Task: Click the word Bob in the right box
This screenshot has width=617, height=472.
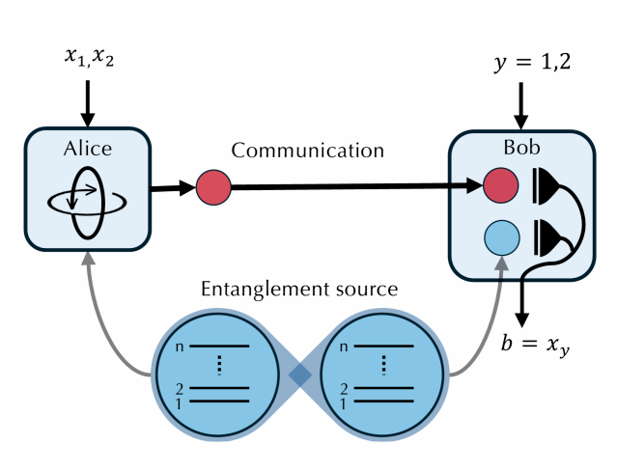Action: (x=518, y=150)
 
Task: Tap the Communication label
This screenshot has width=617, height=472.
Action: (x=307, y=151)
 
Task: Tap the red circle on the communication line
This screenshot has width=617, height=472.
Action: (x=213, y=187)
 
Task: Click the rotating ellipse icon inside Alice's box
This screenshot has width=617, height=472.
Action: (x=87, y=199)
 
